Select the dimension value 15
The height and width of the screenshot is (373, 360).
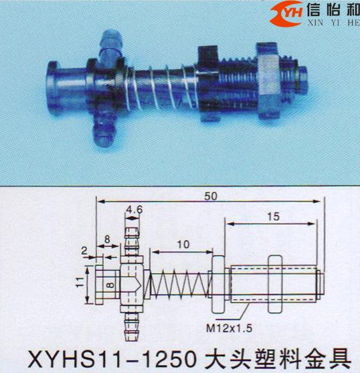[x=272, y=216]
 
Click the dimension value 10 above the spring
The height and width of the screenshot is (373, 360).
[x=181, y=245]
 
